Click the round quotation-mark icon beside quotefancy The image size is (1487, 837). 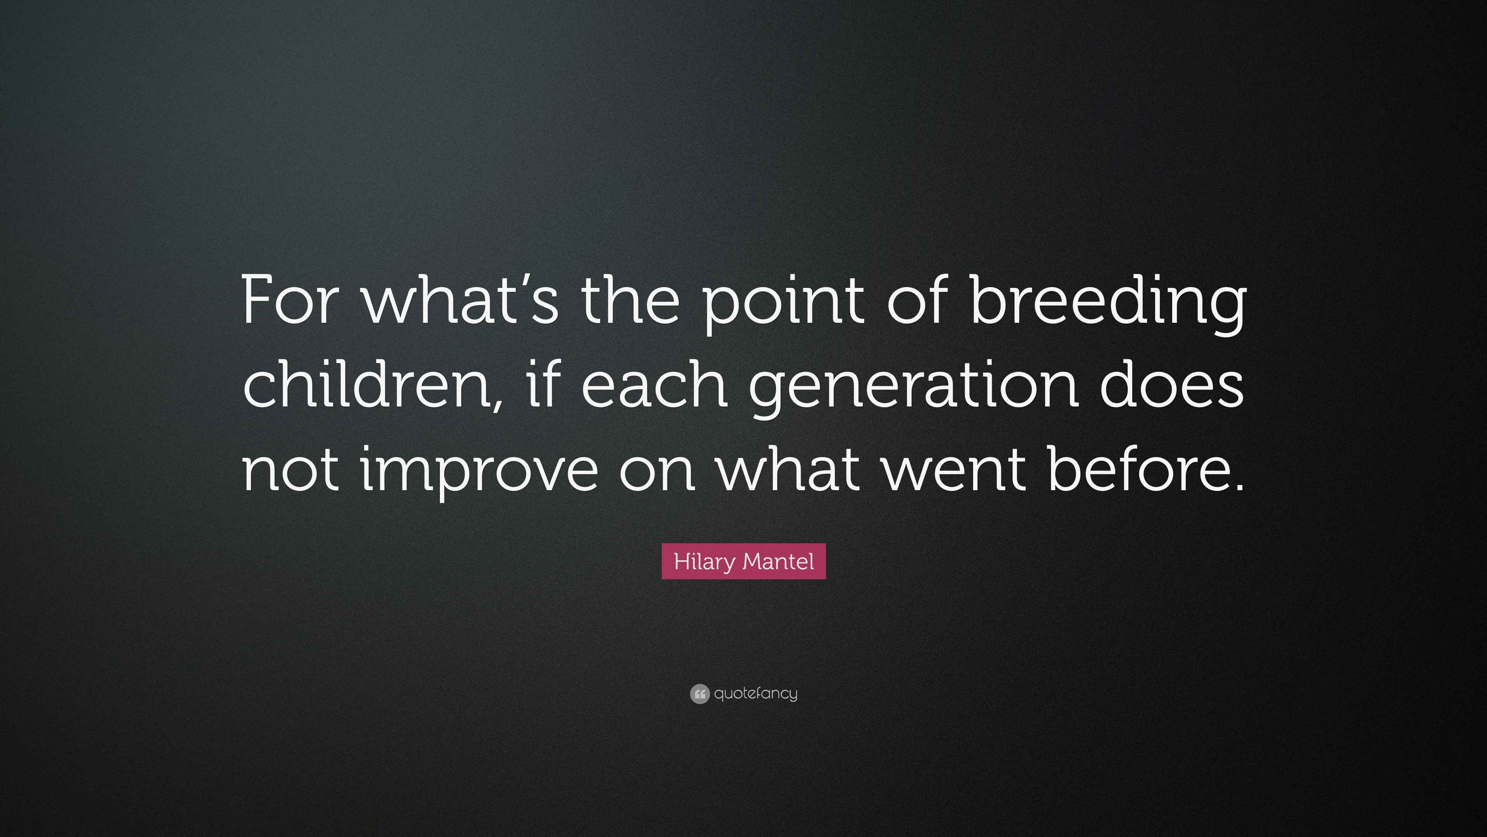coord(699,694)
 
